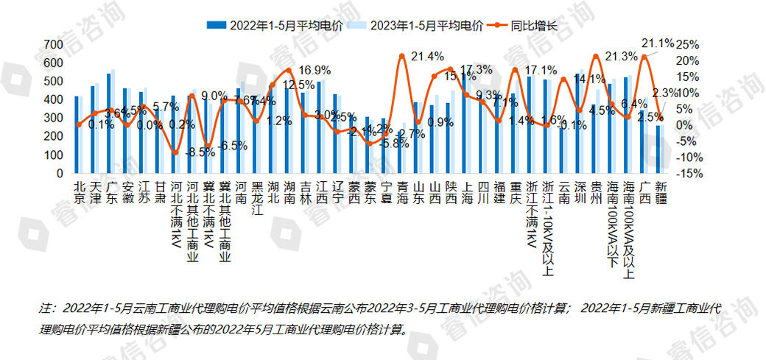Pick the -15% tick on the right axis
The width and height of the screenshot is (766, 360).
click(x=689, y=174)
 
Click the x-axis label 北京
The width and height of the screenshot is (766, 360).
click(x=78, y=189)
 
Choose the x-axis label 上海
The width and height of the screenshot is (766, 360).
click(x=465, y=189)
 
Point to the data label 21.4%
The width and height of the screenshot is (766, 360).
click(x=427, y=56)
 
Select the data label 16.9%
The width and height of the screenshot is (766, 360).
click(x=314, y=71)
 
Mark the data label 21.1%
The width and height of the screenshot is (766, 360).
click(x=658, y=43)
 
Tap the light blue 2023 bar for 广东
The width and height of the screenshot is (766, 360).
click(x=113, y=121)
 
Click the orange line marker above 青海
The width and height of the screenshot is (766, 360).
click(x=401, y=56)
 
